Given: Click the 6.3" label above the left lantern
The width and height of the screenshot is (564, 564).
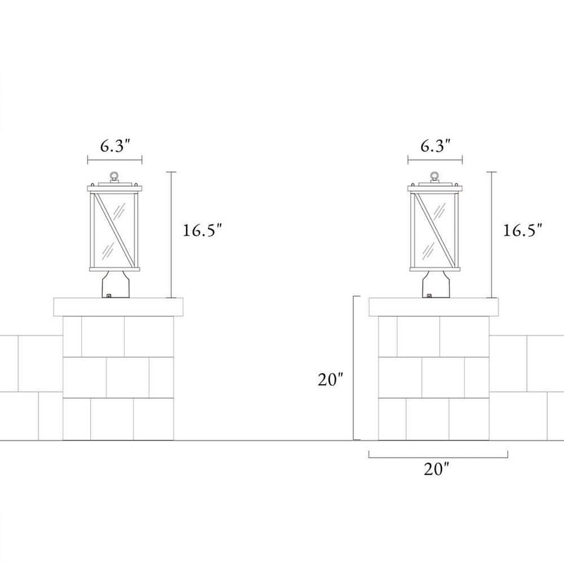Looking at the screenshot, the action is pos(115,146).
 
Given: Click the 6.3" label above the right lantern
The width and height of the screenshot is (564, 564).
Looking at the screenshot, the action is pos(436,146).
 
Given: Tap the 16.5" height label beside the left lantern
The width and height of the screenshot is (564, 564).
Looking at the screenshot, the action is pos(203,231).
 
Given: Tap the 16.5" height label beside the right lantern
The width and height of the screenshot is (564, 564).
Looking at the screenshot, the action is pos(522,231).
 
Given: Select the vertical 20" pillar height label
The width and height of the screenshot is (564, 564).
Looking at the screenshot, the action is pos(330,379).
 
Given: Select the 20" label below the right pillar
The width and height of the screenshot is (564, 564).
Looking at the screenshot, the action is pos(436,469).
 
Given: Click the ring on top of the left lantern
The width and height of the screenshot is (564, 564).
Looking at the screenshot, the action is pos(114,176).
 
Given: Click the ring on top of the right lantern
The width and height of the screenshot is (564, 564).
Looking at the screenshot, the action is pos(435,176).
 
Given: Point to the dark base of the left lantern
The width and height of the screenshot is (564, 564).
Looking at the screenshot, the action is pos(115,285).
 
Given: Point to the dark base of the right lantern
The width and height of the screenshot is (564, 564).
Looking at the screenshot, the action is pos(435,285).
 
